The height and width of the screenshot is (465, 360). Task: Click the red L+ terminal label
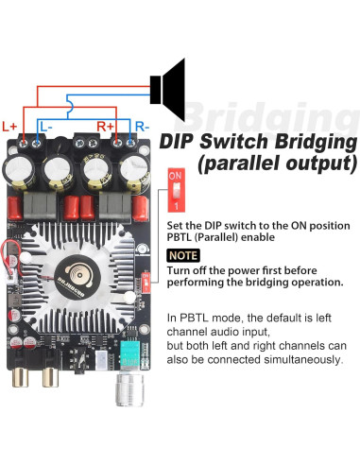tap(9, 127)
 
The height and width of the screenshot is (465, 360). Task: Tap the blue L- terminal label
tap(46, 127)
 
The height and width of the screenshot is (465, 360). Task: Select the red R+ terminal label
tap(105, 127)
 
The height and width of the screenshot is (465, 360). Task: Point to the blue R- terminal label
tap(142, 127)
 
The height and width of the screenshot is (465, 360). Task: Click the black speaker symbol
tap(167, 90)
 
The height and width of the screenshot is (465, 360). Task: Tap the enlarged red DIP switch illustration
tap(176, 190)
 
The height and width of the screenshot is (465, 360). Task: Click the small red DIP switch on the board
tap(146, 283)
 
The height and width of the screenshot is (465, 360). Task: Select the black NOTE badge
tap(183, 255)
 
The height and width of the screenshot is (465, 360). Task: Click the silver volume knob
tap(129, 389)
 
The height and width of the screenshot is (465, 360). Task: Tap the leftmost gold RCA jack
tap(20, 376)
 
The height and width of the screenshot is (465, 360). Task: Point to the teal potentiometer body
tap(129, 353)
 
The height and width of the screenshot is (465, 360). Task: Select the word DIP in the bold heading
tap(177, 142)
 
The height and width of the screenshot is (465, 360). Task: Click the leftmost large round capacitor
tap(19, 170)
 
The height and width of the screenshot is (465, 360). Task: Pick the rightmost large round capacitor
tap(135, 170)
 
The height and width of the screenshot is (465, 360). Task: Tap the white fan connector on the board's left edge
tap(12, 277)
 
